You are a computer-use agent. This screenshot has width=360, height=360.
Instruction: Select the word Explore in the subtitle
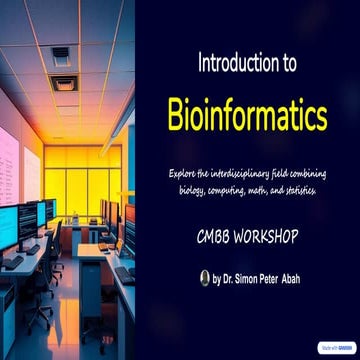pyautogui.click(x=189, y=174)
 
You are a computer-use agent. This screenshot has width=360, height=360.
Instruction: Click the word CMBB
pyautogui.click(x=217, y=240)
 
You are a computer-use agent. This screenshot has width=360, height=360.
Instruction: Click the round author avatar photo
pyautogui.click(x=204, y=280)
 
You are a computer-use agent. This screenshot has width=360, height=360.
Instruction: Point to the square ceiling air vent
pyautogui.click(x=61, y=56)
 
